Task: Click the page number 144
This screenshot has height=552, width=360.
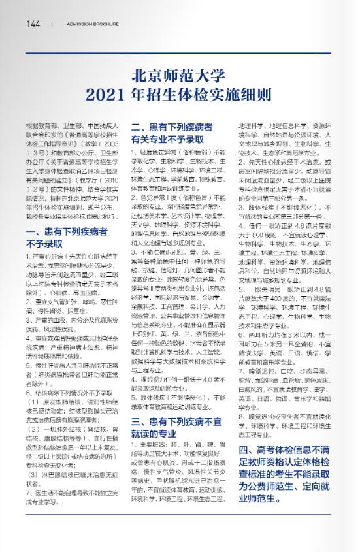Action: (33, 24)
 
